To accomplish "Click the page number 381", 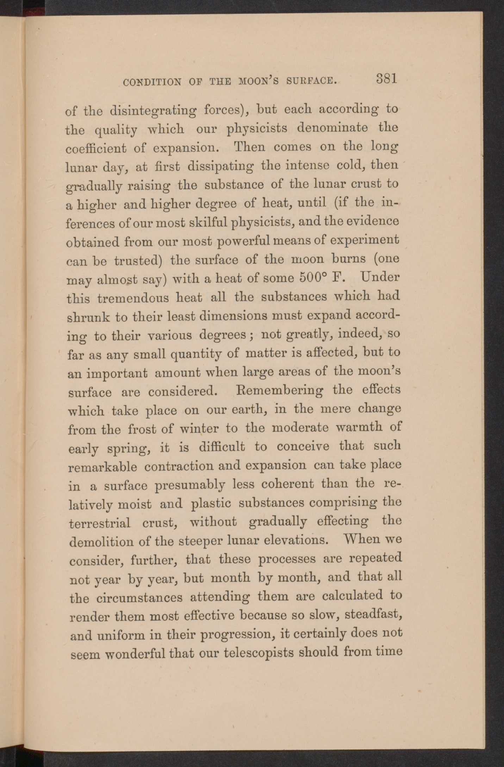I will pyautogui.click(x=386, y=78).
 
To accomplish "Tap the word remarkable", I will pyautogui.click(x=102, y=467).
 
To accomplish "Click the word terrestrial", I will pyautogui.click(x=100, y=523).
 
